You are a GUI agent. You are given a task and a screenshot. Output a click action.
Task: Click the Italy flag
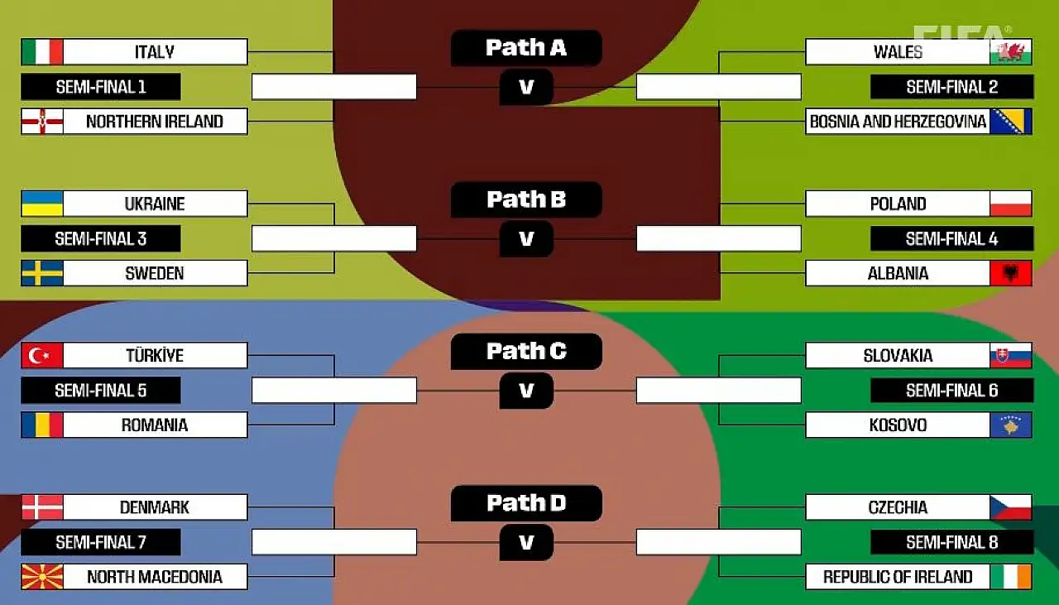[42, 51]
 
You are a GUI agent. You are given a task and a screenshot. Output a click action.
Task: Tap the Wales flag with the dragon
[1010, 51]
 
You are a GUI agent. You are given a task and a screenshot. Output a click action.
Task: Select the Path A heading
[526, 48]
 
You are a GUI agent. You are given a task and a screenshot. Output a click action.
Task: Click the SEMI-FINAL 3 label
[100, 239]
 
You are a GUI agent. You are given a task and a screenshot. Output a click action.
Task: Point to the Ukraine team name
[155, 204]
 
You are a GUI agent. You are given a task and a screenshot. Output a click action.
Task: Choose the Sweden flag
[42, 273]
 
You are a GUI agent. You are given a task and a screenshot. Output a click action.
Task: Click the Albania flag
[1010, 273]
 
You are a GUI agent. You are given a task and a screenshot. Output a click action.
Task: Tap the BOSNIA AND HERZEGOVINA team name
[898, 122]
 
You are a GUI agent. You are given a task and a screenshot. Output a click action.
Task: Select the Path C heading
[526, 352]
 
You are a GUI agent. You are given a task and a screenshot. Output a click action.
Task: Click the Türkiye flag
[42, 356]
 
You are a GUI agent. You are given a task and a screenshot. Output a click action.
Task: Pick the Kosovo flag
[1010, 425]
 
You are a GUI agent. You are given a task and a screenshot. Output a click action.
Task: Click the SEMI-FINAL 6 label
[951, 391]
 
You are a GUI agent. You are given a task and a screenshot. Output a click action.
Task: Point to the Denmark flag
[42, 507]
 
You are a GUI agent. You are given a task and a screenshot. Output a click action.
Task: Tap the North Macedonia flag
[42, 577]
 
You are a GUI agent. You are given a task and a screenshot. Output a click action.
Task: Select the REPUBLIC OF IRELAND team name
[898, 577]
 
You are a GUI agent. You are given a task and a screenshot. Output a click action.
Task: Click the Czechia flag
[1010, 507]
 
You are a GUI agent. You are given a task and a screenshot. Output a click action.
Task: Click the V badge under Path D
[526, 543]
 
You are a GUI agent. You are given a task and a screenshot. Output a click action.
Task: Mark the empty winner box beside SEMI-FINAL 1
[334, 87]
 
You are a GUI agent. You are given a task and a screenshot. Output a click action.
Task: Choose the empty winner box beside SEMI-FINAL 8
[718, 542]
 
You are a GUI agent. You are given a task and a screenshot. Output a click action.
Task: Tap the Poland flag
[1010, 204]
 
